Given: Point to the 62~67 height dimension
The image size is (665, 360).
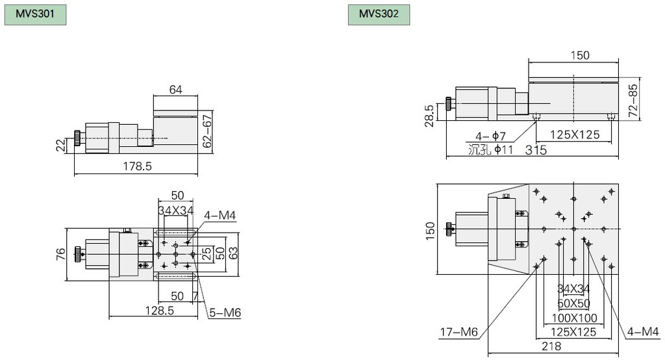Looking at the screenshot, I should (x=207, y=132).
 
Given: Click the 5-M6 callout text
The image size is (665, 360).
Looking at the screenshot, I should (x=225, y=313).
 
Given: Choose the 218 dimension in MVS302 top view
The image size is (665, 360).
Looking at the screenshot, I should (x=556, y=347).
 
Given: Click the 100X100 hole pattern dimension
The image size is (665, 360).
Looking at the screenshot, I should (x=574, y=318).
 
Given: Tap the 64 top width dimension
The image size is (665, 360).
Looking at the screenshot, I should (x=175, y=90).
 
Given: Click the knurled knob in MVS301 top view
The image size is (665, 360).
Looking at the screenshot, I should (x=78, y=252).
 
